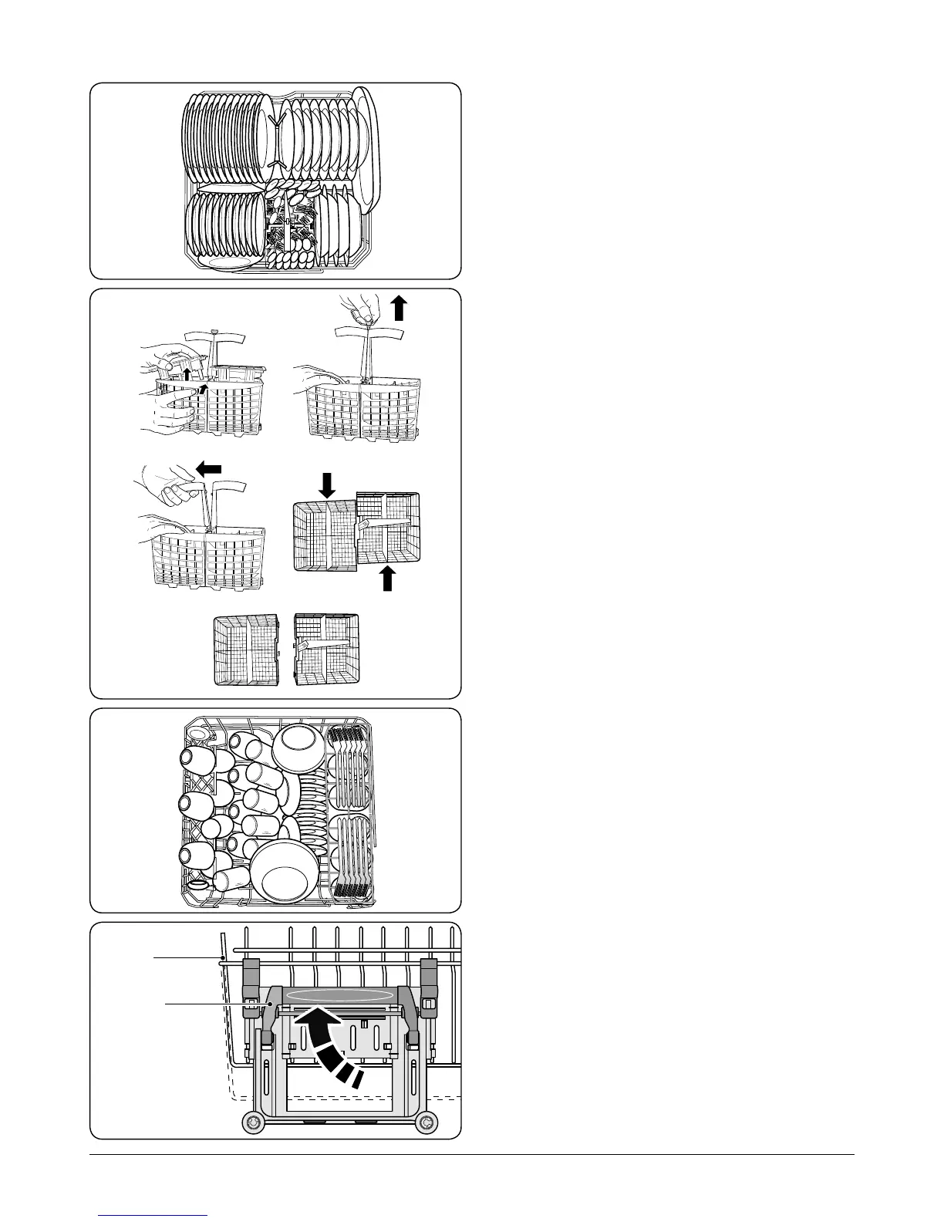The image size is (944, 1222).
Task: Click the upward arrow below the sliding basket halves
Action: click(x=388, y=578)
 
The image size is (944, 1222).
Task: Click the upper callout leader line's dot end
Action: click(x=221, y=958)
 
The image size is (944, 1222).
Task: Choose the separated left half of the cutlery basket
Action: click(x=245, y=649)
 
